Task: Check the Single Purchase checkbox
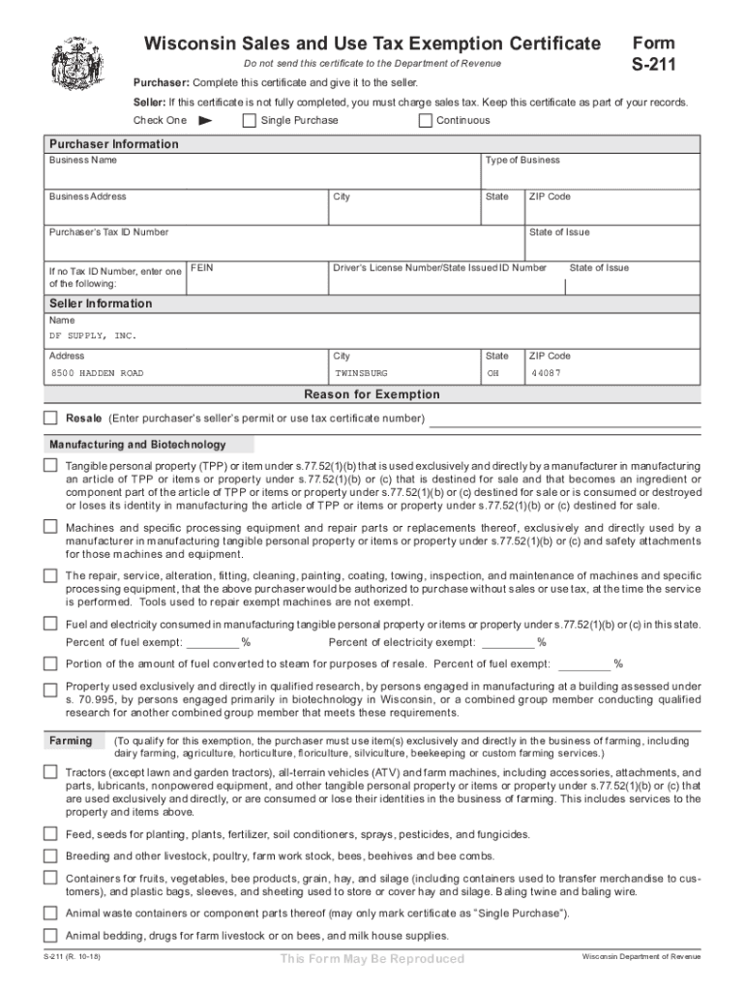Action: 249,121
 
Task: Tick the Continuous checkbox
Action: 425,121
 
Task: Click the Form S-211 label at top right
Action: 654,54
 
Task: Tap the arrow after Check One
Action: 204,121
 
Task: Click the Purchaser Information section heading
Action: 114,144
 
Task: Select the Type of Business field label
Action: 522,160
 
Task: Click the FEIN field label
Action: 201,268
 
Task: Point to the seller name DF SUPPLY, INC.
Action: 93,336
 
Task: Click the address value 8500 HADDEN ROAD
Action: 97,373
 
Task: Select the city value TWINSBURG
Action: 361,373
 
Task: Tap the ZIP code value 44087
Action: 545,373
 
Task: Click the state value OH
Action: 493,373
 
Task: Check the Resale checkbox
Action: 50,418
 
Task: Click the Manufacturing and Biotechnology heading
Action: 137,445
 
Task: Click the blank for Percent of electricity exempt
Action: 508,642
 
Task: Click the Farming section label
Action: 71,741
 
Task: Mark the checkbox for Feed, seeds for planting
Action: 50,833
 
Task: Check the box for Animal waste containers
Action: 50,913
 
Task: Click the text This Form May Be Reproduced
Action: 372,958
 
